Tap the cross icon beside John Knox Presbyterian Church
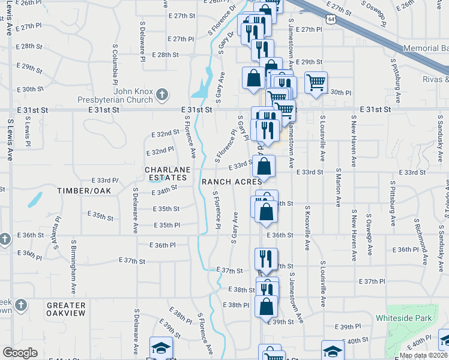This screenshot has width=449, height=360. click(161, 94)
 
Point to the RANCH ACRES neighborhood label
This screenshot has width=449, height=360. click(231, 181)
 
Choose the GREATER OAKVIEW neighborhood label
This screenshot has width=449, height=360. click(66, 310)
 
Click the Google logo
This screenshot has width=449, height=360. click(20, 353)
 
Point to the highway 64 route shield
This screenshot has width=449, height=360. click(331, 19)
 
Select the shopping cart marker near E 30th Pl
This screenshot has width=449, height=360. click(316, 82)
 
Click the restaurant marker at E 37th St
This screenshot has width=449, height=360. click(264, 259)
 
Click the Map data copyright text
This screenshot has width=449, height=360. click(423, 355)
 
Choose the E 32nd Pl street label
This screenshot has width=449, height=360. click(160, 150)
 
